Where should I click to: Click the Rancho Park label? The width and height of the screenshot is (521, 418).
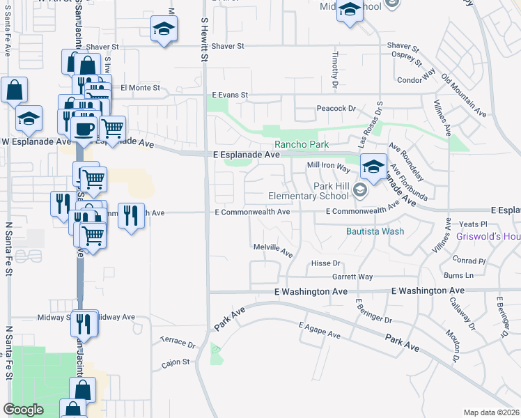(x=301, y=145)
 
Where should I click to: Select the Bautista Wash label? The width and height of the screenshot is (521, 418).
(x=374, y=231)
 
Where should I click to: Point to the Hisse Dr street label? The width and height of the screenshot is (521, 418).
(x=325, y=263)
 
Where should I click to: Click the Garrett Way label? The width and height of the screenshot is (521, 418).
(x=352, y=277)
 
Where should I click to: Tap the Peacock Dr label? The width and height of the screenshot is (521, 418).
(x=336, y=109)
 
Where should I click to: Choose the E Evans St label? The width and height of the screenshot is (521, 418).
(x=231, y=95)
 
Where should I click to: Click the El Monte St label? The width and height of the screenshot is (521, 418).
(x=140, y=88)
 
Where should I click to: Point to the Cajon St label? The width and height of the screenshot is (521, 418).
(x=176, y=362)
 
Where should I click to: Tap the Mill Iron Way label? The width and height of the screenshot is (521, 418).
(x=329, y=167)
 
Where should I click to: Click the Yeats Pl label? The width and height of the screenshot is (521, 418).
(x=474, y=224)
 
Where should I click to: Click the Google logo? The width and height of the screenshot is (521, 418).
(x=24, y=410)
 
